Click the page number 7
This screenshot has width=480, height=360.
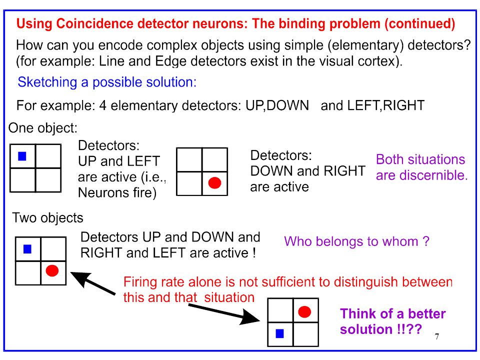coord(437,336)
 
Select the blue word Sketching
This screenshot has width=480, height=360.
coord(47,82)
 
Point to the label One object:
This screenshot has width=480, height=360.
coord(43,128)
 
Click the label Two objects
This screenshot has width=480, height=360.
coord(48,218)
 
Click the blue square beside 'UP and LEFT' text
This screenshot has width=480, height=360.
coord(22,156)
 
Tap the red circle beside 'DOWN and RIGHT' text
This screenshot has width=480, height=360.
coord(214,183)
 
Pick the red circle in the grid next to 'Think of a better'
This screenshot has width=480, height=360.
coord(304,311)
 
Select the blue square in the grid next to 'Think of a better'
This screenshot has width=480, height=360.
coord(280,333)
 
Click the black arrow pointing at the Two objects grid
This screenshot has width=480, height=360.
coord(93,283)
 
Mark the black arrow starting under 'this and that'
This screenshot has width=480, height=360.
coord(224,312)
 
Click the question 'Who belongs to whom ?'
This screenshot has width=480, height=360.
coord(356,241)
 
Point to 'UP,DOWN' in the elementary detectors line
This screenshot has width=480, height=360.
coord(277,105)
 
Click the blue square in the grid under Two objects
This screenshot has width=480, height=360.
coord(27,249)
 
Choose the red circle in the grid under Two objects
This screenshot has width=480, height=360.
coord(52,271)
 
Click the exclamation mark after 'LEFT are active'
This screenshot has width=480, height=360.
coord(254,253)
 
